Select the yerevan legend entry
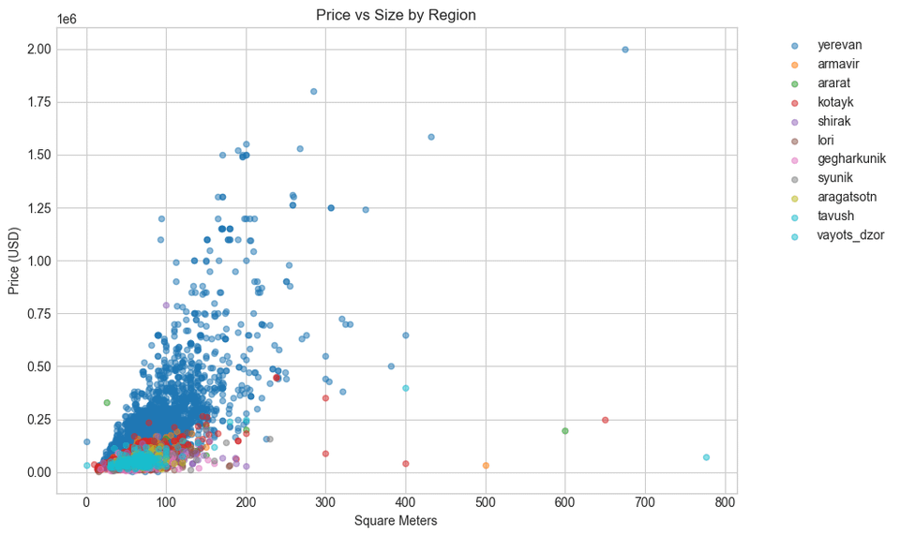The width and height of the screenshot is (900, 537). coord(839,45)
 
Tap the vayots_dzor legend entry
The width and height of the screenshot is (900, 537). coord(850,235)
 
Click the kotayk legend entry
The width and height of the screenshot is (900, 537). coord(834,102)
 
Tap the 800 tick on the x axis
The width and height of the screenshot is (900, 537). coord(725,505)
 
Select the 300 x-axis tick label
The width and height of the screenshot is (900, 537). coord(326,505)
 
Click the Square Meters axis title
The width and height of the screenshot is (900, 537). coord(396,521)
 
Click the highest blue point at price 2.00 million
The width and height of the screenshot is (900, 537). coord(625,49)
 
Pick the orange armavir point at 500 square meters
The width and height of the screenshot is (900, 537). coord(486,465)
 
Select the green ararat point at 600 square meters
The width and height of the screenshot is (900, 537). coord(565,431)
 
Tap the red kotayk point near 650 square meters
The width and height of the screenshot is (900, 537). coord(605,420)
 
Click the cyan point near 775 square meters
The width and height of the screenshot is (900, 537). coord(706,457)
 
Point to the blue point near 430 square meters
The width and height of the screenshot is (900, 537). coord(431,137)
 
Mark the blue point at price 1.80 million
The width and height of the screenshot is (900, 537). coord(313,91)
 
